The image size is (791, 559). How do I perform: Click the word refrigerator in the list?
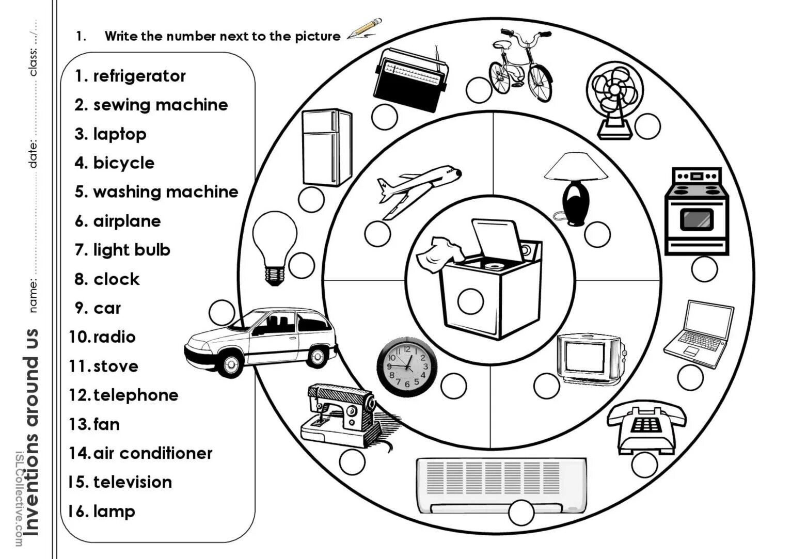139,76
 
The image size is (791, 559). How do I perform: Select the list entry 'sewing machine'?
160,105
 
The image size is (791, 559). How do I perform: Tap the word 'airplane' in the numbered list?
126,221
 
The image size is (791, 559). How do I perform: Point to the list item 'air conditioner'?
152,453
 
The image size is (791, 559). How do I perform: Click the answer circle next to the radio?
384,117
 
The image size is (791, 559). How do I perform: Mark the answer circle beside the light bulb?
302,265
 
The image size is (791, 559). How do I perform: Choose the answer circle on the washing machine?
470,300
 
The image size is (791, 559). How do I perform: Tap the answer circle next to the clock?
453,385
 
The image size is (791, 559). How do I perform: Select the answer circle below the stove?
704,268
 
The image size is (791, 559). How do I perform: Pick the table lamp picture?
575,187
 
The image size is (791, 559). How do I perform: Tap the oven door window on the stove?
697,219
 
